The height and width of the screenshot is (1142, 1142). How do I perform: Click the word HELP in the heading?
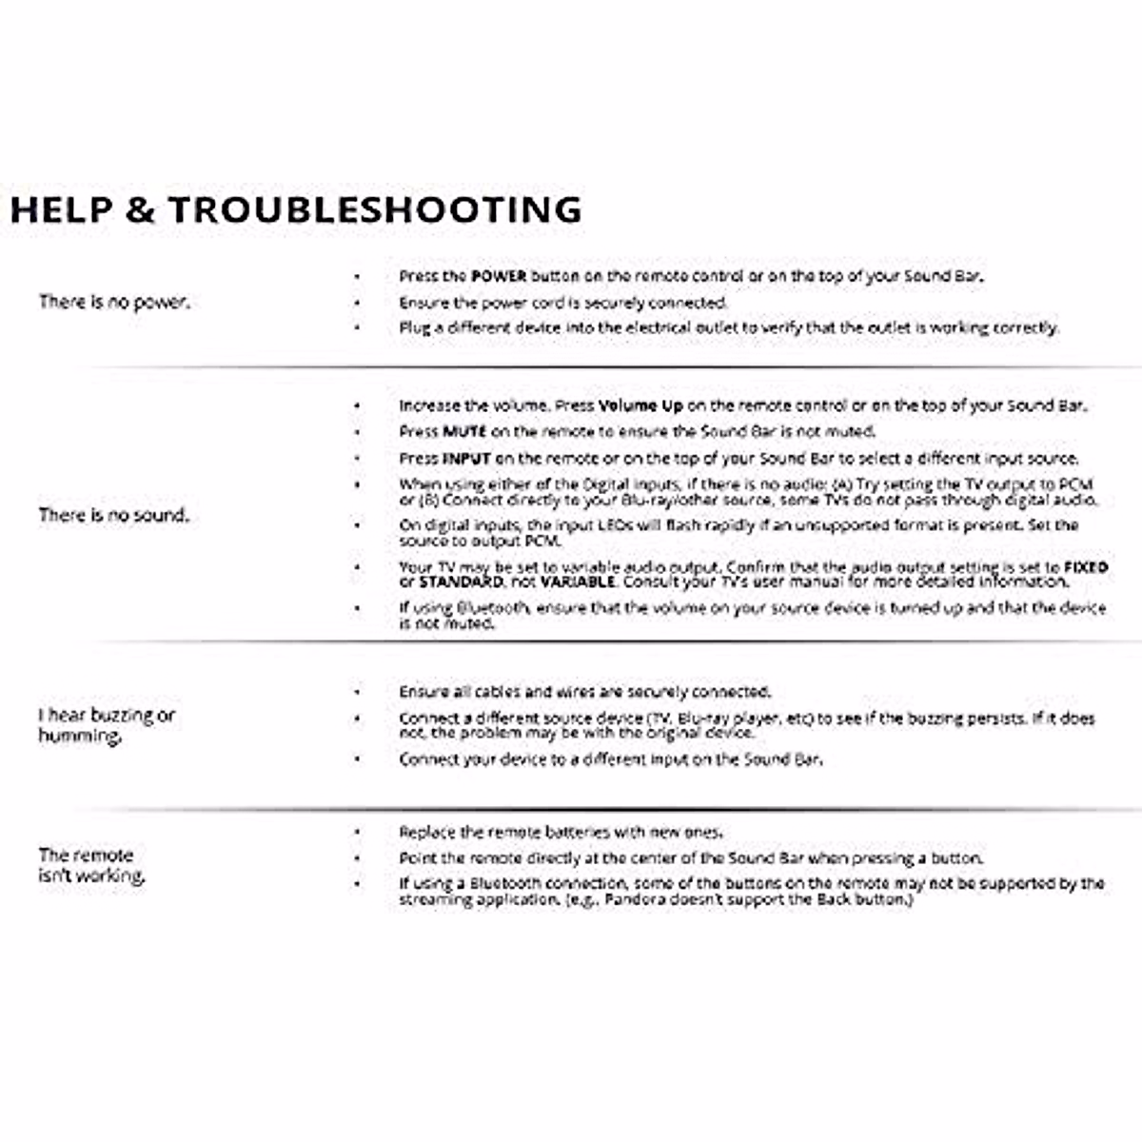coord(61,209)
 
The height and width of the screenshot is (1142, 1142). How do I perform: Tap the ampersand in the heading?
coord(139,209)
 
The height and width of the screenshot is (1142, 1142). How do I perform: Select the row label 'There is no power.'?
coord(114,302)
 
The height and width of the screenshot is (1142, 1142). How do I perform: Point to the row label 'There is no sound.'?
coord(114,515)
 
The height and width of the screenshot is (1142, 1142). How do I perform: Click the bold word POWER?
coord(499,276)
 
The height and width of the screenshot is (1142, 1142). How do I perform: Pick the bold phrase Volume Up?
coord(640,405)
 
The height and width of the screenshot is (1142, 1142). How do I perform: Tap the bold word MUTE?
coord(464,431)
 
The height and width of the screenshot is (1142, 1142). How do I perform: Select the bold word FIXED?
coord(1086,567)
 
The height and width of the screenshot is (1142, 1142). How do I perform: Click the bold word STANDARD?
coord(461,581)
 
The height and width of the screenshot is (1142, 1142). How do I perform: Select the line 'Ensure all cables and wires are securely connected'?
coord(585,692)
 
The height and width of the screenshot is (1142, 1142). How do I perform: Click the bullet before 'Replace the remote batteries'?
coord(357,832)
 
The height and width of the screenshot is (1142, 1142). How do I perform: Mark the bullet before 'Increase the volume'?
coord(357,405)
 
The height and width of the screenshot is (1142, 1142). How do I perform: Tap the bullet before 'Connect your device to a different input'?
coord(357,759)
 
